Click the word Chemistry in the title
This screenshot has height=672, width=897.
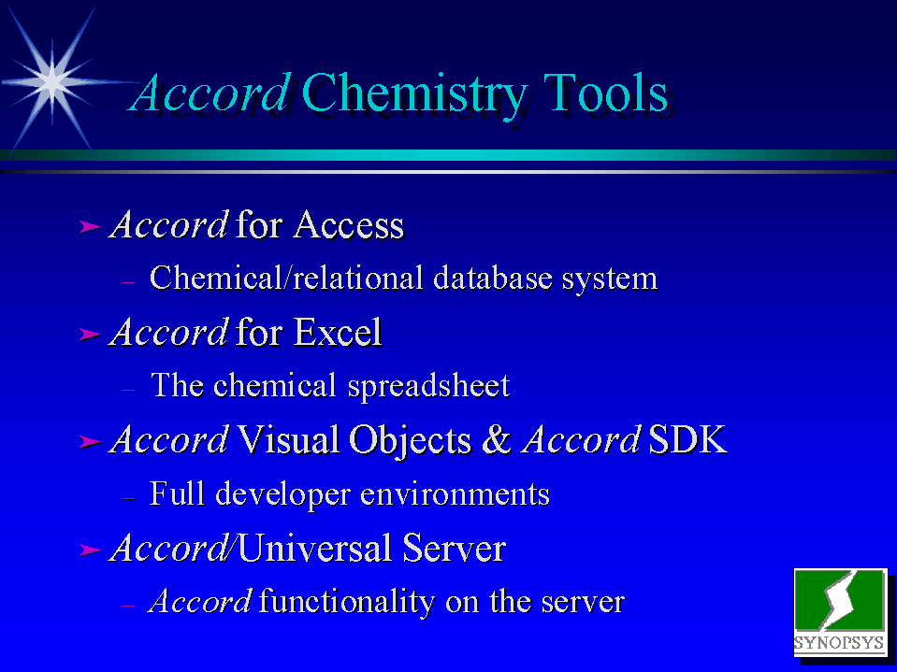click(414, 94)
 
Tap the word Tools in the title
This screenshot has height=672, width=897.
click(605, 93)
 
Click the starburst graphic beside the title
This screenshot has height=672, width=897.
click(52, 81)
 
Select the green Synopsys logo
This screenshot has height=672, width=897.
click(840, 611)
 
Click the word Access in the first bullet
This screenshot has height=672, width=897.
click(348, 224)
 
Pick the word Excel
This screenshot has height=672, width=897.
click(337, 332)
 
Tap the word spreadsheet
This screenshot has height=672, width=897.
click(428, 387)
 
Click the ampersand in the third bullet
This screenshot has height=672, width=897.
click(496, 439)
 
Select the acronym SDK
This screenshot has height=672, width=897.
click(687, 439)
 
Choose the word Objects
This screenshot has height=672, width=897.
click(411, 440)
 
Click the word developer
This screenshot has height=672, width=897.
click(282, 494)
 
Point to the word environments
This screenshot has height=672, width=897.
click(455, 494)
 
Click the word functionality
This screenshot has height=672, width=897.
click(347, 602)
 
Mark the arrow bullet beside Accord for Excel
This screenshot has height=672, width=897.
click(90, 334)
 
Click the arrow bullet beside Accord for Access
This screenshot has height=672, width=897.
click(90, 227)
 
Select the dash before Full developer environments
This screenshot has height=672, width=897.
click(128, 498)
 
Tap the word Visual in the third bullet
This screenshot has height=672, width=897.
click(288, 439)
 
